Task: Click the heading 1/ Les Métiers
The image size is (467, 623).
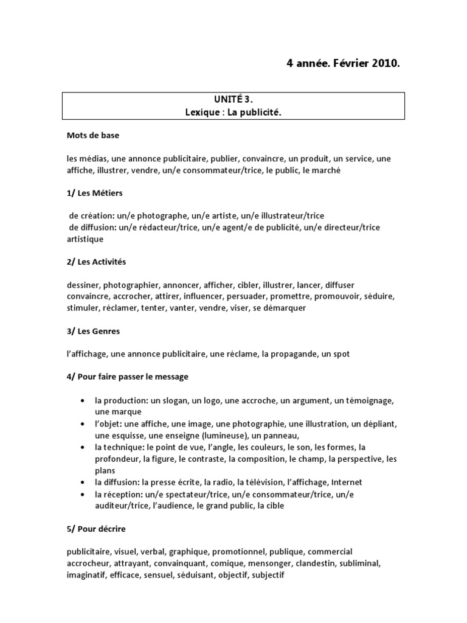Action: point(95,193)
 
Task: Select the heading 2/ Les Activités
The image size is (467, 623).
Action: point(97,262)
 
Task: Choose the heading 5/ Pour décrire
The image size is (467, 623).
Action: point(97,529)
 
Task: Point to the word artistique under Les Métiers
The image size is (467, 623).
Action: point(85,239)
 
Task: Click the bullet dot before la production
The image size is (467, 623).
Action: point(82,401)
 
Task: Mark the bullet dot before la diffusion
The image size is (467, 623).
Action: point(82,482)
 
